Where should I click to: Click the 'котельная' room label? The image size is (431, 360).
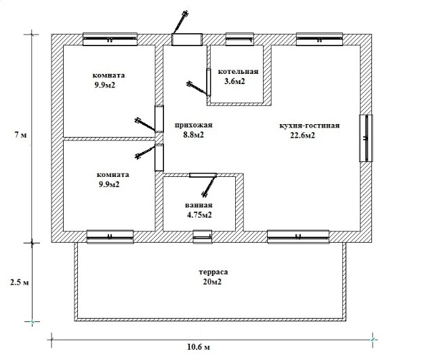(238, 72)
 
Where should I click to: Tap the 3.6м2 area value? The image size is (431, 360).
(234, 81)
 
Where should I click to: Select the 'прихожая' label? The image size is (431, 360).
(194, 125)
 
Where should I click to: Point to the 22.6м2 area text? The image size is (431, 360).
(303, 136)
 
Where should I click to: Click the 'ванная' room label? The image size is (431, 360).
(199, 205)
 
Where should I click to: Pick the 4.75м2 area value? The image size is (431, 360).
(199, 215)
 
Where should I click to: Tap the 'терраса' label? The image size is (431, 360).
(213, 273)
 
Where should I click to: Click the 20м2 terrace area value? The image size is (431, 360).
(212, 282)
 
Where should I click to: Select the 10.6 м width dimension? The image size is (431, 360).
(199, 347)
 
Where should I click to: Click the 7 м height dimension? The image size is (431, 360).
(20, 135)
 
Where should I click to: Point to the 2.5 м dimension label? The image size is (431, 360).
(19, 282)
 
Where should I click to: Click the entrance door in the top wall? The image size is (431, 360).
(187, 39)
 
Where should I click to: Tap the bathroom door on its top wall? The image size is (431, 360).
(203, 175)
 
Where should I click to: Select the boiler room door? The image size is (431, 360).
(209, 82)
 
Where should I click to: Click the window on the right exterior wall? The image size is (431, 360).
(366, 138)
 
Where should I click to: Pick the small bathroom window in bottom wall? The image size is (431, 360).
(203, 237)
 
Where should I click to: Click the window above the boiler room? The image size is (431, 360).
(239, 39)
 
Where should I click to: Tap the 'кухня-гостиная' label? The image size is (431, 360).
(310, 125)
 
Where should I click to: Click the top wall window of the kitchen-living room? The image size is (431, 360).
(320, 39)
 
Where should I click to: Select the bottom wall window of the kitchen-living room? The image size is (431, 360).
(298, 237)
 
